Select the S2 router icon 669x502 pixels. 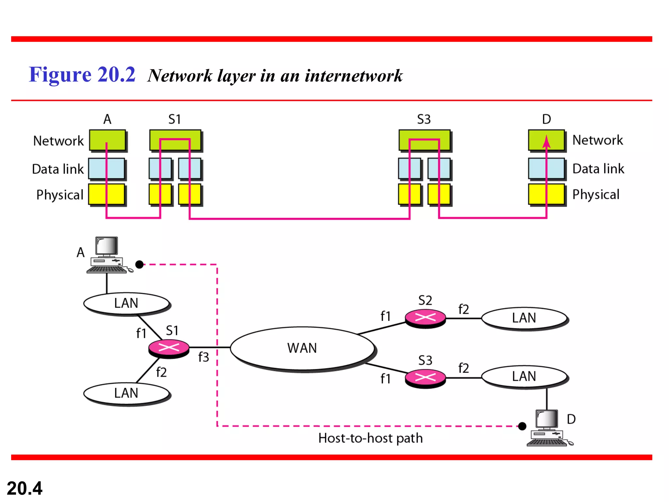pyautogui.click(x=425, y=318)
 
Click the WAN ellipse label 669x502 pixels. pyautogui.click(x=302, y=348)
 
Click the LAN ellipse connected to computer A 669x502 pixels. pyautogui.click(x=126, y=303)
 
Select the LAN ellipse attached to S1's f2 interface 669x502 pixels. pyautogui.click(x=126, y=393)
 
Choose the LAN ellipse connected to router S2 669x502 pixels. pyautogui.click(x=524, y=318)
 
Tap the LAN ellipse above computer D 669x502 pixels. pyautogui.click(x=524, y=376)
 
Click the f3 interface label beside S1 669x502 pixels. pyautogui.click(x=204, y=357)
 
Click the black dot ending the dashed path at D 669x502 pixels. pyautogui.click(x=522, y=426)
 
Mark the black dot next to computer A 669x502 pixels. pyautogui.click(x=139, y=264)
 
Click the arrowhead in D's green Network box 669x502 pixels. pyautogui.click(x=547, y=142)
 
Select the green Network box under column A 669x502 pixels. pyautogui.click(x=107, y=140)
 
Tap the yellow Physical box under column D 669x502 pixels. pyautogui.click(x=546, y=194)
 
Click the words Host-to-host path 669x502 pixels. pyautogui.click(x=370, y=438)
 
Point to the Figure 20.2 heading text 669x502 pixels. pyautogui.click(x=82, y=75)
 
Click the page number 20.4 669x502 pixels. pyautogui.click(x=24, y=488)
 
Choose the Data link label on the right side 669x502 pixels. pyautogui.click(x=598, y=169)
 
